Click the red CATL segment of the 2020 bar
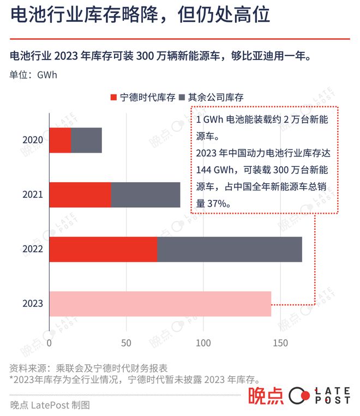(60, 140)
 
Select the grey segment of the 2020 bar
(86, 140)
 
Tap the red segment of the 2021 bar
(80, 195)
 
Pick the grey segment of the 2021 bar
(146, 195)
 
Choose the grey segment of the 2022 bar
(230, 249)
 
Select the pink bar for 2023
(160, 304)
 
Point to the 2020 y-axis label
(33, 140)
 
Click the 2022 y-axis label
(33, 250)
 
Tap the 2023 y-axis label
(33, 304)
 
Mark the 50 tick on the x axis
(127, 343)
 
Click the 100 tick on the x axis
(203, 343)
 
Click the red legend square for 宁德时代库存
(113, 98)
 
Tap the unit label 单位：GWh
(33, 75)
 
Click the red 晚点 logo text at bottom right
(266, 396)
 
